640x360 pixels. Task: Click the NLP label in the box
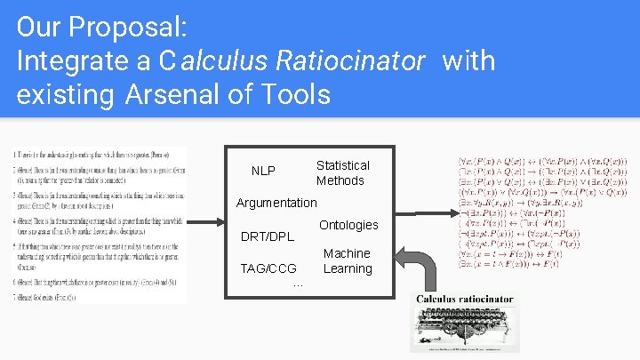263,171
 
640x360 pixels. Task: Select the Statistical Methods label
341,173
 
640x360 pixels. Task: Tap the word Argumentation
276,203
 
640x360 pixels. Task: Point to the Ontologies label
348,225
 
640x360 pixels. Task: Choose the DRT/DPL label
268,237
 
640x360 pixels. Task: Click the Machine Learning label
347,261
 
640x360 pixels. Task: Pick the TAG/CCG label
268,268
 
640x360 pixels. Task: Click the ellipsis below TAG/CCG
298,284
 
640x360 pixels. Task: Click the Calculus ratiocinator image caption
465,300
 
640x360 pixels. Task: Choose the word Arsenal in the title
170,93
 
